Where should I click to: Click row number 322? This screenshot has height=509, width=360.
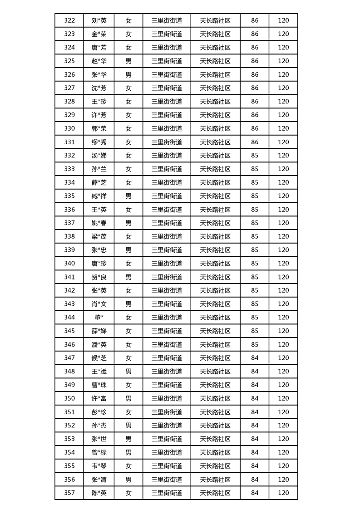point(69,20)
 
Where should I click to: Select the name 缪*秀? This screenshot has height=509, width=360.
point(99,142)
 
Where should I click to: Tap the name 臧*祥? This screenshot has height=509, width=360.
point(99,196)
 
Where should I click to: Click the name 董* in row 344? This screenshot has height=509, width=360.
point(99,318)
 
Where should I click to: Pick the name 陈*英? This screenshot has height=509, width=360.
point(99,493)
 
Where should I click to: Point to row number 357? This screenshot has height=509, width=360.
point(69,493)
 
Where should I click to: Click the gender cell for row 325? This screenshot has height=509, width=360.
point(128,61)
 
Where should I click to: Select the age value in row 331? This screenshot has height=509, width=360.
point(255,142)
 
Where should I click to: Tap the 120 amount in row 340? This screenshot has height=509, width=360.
point(283,264)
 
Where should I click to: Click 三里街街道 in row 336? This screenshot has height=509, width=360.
point(167,210)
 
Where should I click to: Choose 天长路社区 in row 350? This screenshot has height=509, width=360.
point(215,398)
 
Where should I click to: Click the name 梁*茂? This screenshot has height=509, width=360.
point(99,236)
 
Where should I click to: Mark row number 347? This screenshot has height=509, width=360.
point(69,358)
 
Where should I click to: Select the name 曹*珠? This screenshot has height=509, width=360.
point(99,385)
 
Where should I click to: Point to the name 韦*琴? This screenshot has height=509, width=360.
point(99,466)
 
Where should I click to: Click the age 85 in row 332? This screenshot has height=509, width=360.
point(255,156)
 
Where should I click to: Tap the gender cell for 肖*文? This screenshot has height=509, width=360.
point(128,304)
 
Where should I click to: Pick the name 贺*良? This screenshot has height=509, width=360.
point(99,277)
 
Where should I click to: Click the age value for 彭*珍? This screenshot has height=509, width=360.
point(255,412)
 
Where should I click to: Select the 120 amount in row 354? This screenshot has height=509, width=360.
point(283,452)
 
